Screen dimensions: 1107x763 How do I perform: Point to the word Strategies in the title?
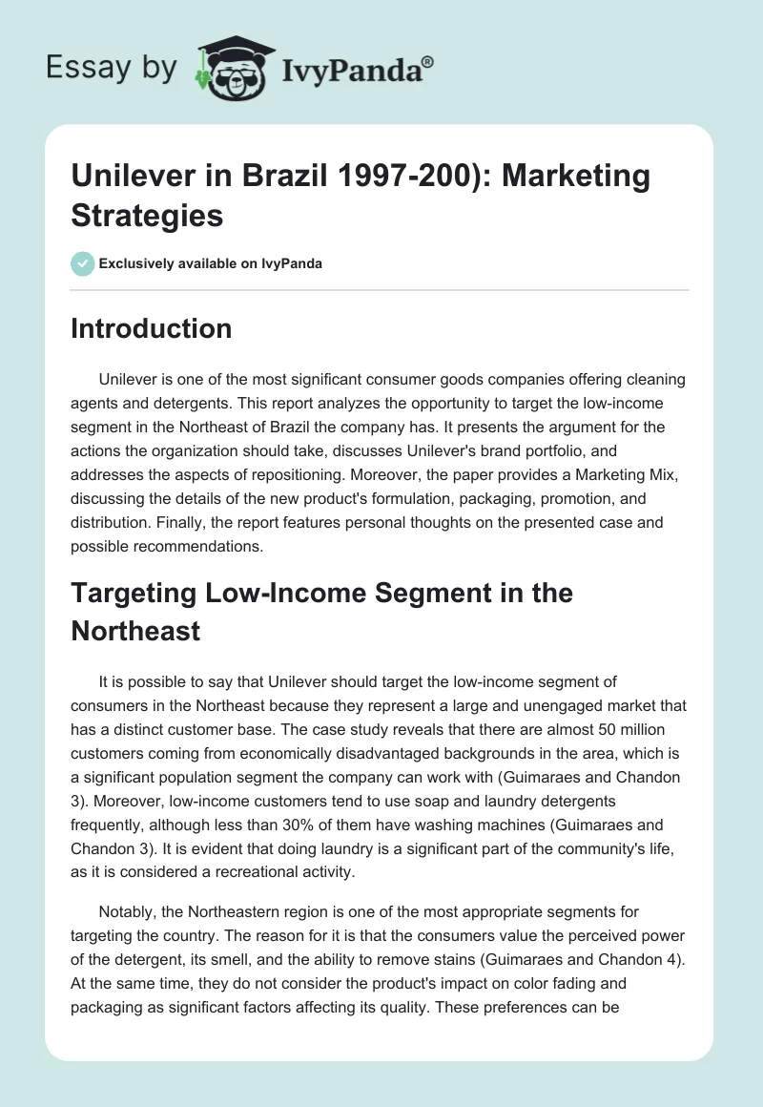coord(147,215)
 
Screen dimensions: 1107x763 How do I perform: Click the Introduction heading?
coord(152,328)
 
